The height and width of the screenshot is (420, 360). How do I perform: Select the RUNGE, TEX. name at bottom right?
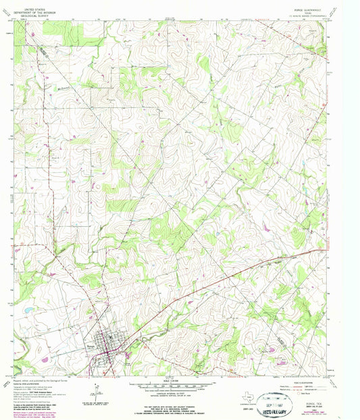coord(317,388)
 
